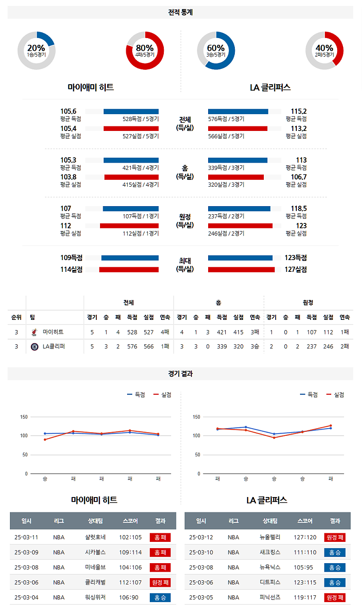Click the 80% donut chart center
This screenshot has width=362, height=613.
coord(145,50)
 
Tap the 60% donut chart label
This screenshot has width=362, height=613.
coord(216,48)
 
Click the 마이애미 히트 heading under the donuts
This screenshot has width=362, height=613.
coord(90,87)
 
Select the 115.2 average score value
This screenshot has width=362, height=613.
coord(298,111)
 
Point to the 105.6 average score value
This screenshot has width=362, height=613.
coord(68,111)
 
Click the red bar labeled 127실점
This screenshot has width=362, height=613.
coord(241,270)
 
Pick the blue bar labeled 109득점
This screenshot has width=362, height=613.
coord(130,258)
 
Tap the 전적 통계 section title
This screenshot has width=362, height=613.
coord(181,12)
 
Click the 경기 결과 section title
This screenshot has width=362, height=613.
coord(181,374)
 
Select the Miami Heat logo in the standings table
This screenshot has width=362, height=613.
coord(34,332)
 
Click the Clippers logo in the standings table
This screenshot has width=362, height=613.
coord(34,347)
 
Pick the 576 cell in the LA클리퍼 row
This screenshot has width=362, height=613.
coord(132,347)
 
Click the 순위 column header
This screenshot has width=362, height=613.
coord(16,317)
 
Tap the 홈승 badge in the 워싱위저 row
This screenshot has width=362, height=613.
coord(160,598)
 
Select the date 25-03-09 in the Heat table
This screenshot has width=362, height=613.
coord(27,552)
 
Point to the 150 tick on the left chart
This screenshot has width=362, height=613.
coord(24,417)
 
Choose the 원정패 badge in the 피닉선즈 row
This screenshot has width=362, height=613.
coord(335,598)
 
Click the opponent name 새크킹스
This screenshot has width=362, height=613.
coord(271,552)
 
